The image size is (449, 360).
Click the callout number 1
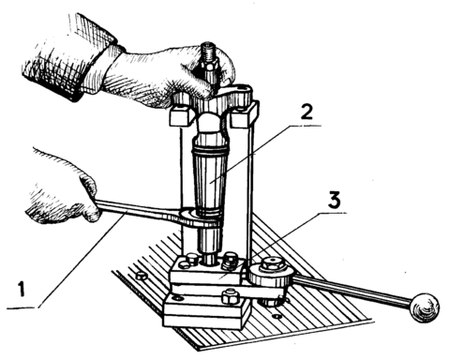click(22, 289)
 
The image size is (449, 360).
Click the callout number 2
click(307, 112)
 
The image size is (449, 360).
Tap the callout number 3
click(334, 201)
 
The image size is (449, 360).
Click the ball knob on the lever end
click(425, 307)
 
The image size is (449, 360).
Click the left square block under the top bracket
click(180, 115)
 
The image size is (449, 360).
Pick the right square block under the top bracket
click(245, 114)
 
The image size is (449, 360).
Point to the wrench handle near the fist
click(138, 211)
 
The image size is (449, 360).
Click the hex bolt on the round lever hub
click(273, 263)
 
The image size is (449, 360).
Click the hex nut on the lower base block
click(231, 297)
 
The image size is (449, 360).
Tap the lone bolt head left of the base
click(142, 276)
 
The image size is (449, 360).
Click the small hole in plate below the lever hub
click(276, 316)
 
